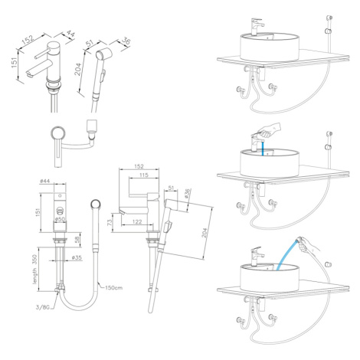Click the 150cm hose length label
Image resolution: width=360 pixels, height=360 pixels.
(114, 288)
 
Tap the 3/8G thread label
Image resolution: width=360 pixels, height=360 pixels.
(42, 307)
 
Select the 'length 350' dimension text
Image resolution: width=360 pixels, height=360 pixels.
(34, 269)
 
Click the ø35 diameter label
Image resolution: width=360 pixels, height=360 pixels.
(77, 257)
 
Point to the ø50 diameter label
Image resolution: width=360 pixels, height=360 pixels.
(61, 219)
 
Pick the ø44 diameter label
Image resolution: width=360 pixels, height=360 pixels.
(45, 181)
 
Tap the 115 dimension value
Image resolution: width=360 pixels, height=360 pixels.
(144, 175)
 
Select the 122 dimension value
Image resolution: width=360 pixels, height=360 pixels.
(137, 221)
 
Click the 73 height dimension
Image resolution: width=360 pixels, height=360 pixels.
(110, 222)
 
